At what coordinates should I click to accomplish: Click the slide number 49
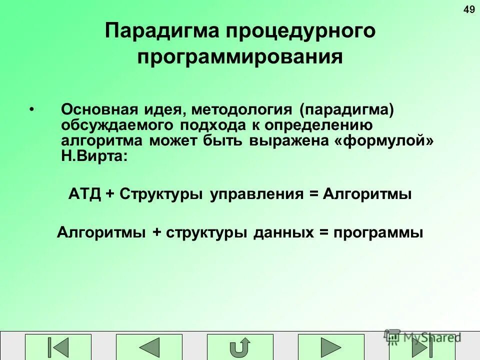point(469,10)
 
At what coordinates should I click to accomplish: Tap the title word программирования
point(240,56)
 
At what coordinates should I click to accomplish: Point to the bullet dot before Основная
point(32,109)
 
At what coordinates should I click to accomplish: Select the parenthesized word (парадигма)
point(347,109)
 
